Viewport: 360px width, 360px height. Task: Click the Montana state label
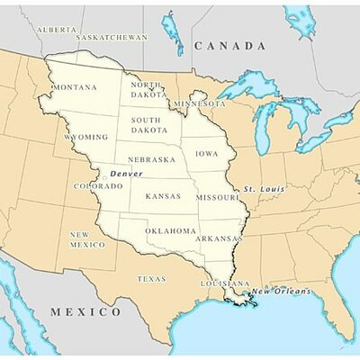click(75, 87)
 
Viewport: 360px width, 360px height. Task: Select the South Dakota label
click(146, 124)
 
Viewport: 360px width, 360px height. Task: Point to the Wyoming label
click(85, 137)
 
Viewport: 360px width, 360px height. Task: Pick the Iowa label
click(206, 154)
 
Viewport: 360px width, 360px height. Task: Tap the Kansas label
click(163, 195)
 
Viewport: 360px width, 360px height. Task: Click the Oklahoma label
click(170, 230)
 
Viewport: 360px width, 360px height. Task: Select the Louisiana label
click(225, 283)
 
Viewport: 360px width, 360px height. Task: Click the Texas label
click(151, 279)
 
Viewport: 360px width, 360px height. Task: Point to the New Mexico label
click(87, 238)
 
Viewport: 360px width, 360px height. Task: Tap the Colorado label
click(97, 186)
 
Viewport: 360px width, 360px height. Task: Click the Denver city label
click(126, 173)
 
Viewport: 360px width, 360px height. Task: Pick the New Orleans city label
click(280, 291)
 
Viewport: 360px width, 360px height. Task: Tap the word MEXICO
click(85, 311)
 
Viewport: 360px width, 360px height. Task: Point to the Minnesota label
click(200, 103)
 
